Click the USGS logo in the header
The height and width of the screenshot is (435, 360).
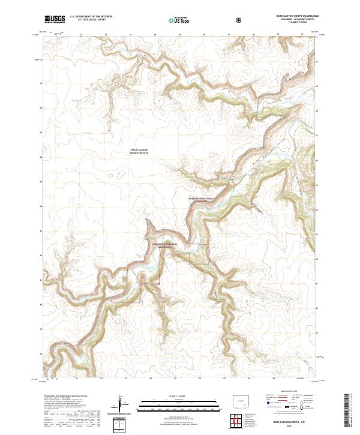pos(55,20)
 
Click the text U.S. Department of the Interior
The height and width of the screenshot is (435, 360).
pos(91,17)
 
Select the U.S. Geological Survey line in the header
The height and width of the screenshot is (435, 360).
pos(87,21)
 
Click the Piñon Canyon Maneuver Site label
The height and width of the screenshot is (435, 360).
pos(142,152)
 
